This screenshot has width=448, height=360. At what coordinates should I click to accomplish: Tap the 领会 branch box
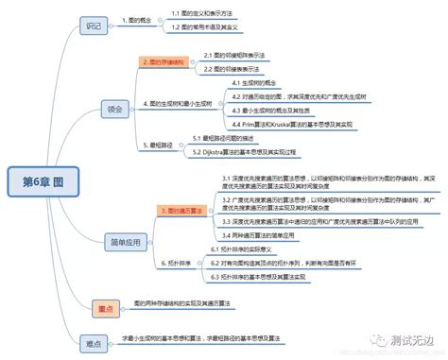(114, 109)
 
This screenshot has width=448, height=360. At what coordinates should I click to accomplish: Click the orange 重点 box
(105, 308)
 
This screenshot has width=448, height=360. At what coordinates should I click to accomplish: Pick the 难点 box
(93, 341)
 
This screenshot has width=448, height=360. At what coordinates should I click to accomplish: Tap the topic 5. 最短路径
(162, 146)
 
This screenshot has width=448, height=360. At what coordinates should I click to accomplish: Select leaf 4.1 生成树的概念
(254, 84)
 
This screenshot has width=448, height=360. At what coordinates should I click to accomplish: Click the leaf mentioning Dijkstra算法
(243, 151)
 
